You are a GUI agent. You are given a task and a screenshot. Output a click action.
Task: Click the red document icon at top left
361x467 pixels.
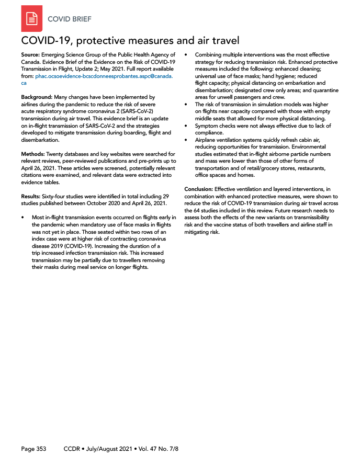[31, 19]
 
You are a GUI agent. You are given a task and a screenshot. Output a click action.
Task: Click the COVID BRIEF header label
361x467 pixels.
[70, 19]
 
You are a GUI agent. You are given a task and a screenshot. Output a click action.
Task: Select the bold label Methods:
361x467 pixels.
[33, 154]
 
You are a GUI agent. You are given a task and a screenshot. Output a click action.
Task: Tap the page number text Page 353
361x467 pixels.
[34, 449]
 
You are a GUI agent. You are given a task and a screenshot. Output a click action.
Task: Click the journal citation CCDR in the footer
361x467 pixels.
[72, 449]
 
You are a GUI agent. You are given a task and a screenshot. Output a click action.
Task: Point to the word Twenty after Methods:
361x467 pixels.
[57, 154]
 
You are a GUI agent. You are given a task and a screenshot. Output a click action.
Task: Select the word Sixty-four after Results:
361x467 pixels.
[59, 196]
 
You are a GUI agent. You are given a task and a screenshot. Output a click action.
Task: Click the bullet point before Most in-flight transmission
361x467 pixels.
[23, 217]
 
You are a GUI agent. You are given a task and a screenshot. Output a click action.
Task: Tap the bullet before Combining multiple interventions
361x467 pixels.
[186, 55]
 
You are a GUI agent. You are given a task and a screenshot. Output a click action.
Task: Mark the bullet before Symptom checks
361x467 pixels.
[186, 126]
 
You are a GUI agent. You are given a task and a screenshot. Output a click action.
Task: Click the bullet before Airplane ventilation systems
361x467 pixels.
[186, 140]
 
